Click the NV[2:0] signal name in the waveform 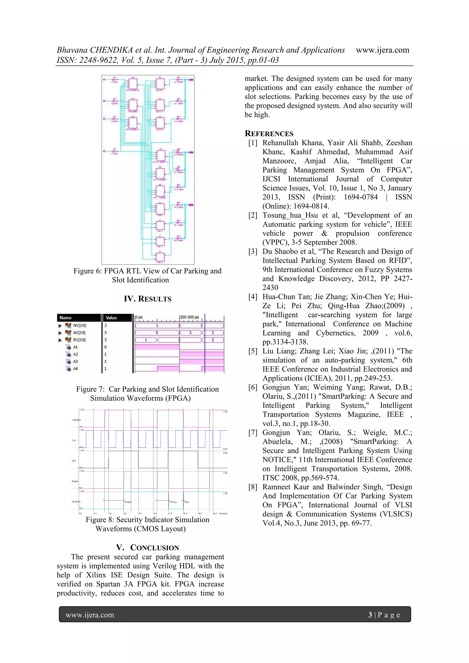tap(79, 325)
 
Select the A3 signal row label tap(75, 361)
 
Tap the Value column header tap(111, 318)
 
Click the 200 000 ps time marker tap(189, 317)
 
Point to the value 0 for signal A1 tap(106, 347)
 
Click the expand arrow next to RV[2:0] tap(60, 340)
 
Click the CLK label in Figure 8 tap(74, 440)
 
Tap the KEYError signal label tap(76, 502)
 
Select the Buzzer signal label tap(75, 481)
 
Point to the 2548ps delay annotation tap(128, 502)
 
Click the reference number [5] tap(253, 351)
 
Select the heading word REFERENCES tap(269, 134)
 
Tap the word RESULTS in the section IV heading tap(155, 299)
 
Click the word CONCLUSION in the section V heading tap(155, 548)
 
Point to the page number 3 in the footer tap(370, 615)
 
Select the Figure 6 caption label tap(86, 271)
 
